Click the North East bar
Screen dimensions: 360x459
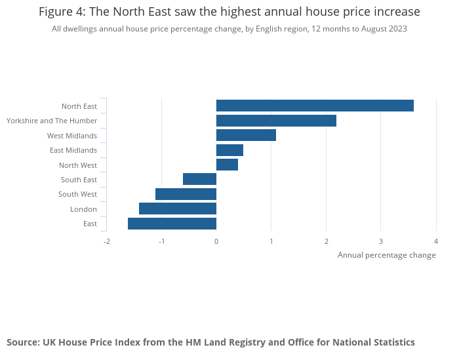pos(315,106)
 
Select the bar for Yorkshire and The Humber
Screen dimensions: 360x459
pos(276,121)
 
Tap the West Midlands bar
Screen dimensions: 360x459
pos(246,135)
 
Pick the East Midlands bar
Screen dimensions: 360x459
pos(229,150)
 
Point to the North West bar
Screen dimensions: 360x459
pos(227,165)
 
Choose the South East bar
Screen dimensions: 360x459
pos(199,179)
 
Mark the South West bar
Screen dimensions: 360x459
pos(186,194)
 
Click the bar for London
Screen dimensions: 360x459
pos(178,209)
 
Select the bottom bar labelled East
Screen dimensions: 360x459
pos(172,224)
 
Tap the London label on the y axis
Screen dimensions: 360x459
pos(83,209)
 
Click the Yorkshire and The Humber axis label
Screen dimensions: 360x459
pos(52,121)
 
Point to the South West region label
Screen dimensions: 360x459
pos(77,194)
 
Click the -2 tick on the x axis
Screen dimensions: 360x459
pos(106,241)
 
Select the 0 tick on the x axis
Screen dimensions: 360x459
pos(216,241)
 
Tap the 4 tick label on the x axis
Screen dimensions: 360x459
pos(436,241)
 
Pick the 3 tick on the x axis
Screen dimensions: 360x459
pos(381,241)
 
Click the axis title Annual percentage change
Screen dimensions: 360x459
pos(386,255)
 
